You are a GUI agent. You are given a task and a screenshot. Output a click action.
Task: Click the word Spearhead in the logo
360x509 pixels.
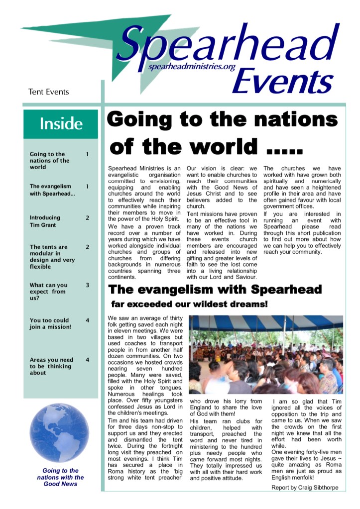click(227, 45)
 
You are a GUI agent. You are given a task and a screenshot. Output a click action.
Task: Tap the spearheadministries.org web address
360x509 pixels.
click(191, 67)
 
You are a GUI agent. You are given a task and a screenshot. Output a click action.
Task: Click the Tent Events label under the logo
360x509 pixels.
click(49, 92)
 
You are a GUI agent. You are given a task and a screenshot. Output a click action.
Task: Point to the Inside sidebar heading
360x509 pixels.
click(61, 123)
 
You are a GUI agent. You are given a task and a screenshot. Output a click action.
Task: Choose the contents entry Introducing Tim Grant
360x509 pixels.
click(45, 221)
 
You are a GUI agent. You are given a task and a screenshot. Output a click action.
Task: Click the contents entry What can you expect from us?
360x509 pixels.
click(49, 292)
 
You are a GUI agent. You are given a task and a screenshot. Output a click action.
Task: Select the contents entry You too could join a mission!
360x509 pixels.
click(50, 323)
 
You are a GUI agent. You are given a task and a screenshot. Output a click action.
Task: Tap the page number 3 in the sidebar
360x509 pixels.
click(88, 285)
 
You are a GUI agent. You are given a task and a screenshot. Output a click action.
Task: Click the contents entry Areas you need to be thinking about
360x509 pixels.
click(51, 366)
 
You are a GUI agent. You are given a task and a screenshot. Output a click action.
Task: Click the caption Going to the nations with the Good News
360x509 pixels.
click(60, 477)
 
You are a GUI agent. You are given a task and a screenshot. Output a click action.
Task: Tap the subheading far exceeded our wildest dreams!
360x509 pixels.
click(189, 304)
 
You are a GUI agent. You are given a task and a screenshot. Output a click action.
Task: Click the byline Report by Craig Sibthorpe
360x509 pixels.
click(305, 488)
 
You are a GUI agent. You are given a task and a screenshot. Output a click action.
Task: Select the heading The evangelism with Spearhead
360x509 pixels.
click(215, 289)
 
